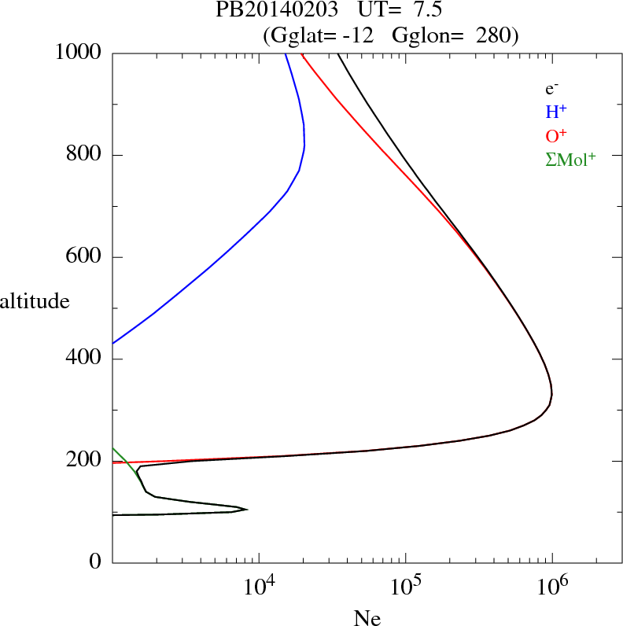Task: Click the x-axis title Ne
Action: pyautogui.click(x=367, y=618)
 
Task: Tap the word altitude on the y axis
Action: pyautogui.click(x=35, y=301)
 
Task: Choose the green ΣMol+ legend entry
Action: pyautogui.click(x=570, y=159)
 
